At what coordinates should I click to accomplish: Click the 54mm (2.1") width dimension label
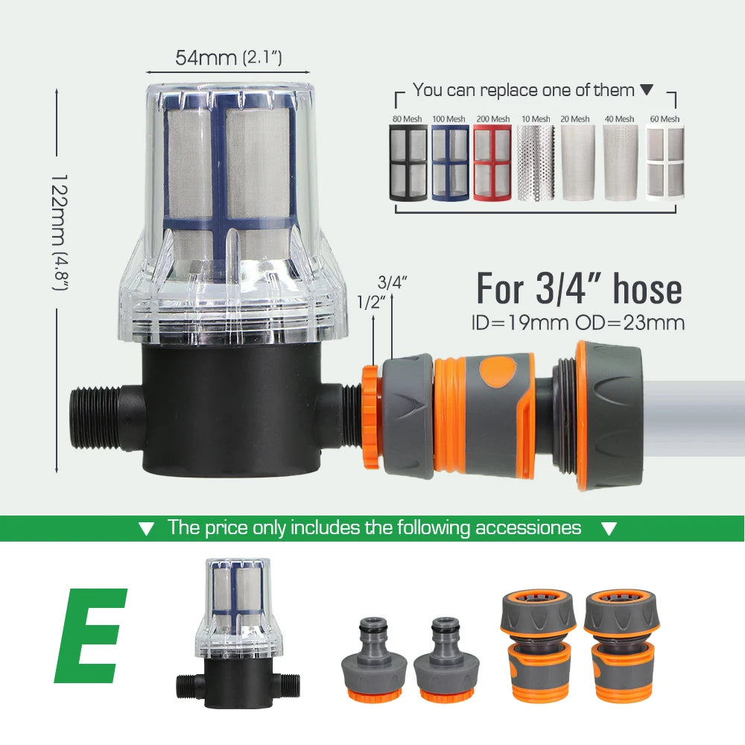click(229, 57)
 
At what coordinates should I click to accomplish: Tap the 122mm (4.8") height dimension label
click(60, 232)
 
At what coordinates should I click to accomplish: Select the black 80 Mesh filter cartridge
click(408, 162)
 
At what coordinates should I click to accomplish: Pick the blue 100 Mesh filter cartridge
click(450, 162)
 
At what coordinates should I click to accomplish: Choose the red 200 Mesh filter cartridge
click(492, 162)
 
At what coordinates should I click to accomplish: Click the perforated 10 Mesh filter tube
click(536, 162)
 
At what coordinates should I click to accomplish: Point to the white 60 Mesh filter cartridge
click(665, 162)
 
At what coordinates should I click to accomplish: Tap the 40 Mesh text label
click(619, 118)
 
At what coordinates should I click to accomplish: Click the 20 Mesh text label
click(575, 118)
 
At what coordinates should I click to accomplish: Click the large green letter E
click(89, 635)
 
